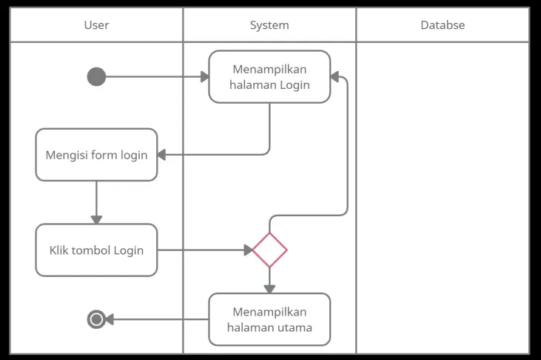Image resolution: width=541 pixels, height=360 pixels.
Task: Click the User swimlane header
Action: tap(96, 25)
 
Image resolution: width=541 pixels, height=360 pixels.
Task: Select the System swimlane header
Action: tap(269, 25)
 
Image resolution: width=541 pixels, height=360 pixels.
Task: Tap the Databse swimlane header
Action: tap(443, 25)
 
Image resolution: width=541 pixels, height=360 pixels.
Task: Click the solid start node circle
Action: tap(96, 76)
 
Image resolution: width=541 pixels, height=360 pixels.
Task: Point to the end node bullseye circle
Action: tap(96, 319)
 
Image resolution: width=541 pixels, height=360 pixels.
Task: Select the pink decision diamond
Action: tap(269, 250)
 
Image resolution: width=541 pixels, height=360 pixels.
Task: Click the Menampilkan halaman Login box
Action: tap(269, 76)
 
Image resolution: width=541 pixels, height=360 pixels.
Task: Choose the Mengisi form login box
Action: tap(96, 155)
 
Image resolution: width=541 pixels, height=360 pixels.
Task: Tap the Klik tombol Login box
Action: tap(96, 250)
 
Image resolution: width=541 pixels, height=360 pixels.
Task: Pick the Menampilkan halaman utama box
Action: tap(269, 319)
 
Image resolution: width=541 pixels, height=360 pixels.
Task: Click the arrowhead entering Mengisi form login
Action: tap(162, 155)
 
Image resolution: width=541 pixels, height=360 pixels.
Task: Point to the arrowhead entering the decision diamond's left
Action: tap(248, 250)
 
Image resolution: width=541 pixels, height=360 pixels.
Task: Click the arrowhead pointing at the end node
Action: tap(109, 319)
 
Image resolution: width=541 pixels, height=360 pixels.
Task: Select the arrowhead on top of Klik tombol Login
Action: tap(96, 219)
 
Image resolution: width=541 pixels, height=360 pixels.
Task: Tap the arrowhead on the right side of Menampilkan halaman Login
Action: tap(335, 76)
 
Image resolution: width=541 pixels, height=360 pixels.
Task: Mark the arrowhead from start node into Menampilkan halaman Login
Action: tap(204, 76)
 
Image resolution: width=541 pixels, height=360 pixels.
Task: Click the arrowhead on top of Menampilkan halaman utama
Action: tap(269, 289)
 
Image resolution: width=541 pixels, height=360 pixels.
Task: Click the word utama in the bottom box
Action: tap(295, 327)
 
